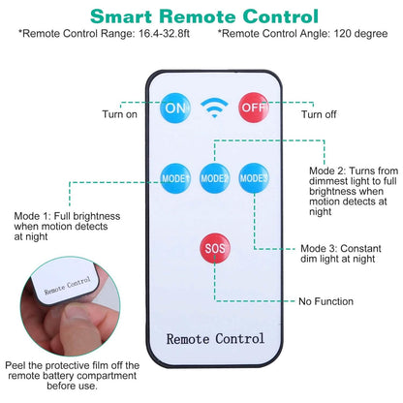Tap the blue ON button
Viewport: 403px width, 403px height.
tap(175, 108)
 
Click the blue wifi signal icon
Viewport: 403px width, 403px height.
tap(214, 108)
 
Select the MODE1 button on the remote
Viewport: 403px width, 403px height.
tap(175, 178)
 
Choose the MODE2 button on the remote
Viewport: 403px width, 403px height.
tap(215, 178)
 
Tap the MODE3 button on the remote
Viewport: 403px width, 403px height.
tap(254, 178)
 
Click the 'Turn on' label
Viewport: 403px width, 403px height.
tap(119, 114)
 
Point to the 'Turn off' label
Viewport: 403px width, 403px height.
tap(319, 114)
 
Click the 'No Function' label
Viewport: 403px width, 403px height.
tap(325, 301)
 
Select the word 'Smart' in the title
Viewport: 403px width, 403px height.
tap(121, 16)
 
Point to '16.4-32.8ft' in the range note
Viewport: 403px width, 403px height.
tap(164, 34)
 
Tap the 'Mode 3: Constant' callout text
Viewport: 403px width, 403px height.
tap(341, 248)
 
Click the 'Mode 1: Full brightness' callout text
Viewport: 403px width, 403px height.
tap(67, 216)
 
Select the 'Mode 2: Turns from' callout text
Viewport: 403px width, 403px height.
tap(354, 170)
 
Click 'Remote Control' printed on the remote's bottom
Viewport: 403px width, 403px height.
tap(215, 339)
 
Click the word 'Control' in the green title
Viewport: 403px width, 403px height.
tap(281, 16)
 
